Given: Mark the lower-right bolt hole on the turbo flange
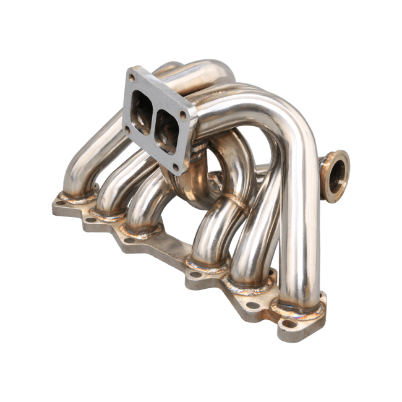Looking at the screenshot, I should tap(176, 166).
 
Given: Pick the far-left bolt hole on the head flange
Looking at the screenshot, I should tap(61, 202).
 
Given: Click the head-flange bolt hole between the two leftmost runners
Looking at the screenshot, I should tap(91, 218).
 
